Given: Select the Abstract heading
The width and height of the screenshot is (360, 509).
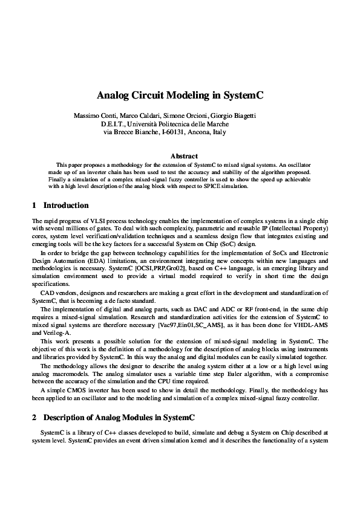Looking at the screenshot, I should tap(180, 156).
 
